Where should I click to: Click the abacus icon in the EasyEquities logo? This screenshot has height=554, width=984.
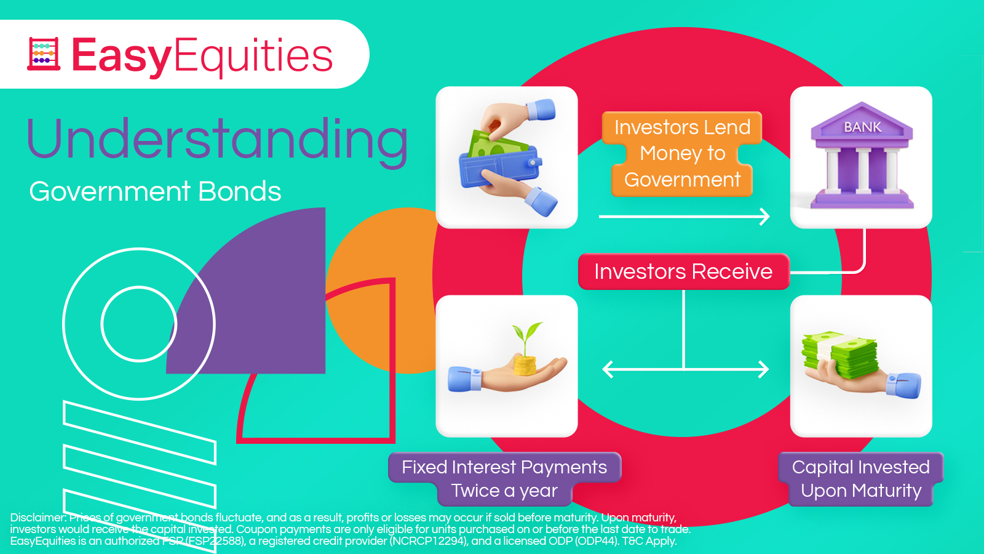[44, 54]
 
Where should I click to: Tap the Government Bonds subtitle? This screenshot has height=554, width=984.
[155, 191]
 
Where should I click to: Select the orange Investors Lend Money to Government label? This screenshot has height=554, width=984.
[682, 153]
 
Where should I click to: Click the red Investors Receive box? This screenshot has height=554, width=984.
[683, 271]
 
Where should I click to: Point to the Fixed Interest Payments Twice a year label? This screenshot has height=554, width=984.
[504, 479]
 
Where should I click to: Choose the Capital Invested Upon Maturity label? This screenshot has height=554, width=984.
[860, 479]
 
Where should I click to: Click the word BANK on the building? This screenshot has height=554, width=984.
[862, 127]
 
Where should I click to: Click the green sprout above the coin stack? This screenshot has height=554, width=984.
[528, 337]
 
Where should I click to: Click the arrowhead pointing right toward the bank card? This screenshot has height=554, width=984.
[765, 217]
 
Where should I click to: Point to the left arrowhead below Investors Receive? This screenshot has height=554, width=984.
[608, 369]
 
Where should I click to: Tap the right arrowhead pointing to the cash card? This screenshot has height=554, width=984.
[764, 369]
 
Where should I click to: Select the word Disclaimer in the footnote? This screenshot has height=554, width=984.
[38, 518]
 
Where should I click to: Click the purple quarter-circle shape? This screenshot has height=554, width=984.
[264, 308]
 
